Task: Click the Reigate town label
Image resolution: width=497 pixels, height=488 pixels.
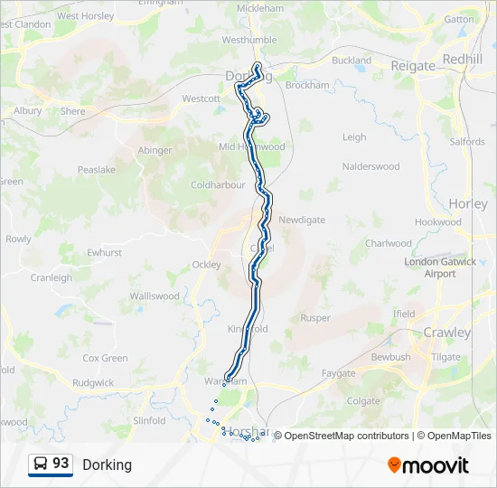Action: pyautogui.click(x=413, y=65)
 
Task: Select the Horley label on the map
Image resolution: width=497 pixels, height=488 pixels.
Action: pyautogui.click(x=467, y=204)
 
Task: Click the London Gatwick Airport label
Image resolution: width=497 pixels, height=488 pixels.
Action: pyautogui.click(x=440, y=267)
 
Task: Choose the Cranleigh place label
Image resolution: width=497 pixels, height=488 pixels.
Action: pyautogui.click(x=51, y=277)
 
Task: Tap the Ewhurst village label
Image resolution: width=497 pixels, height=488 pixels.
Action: pyautogui.click(x=104, y=253)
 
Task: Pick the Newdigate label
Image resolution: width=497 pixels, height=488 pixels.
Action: pyautogui.click(x=302, y=220)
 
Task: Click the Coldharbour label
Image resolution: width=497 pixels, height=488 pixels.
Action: pyautogui.click(x=218, y=184)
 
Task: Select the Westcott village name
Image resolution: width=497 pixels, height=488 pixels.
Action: pyautogui.click(x=201, y=99)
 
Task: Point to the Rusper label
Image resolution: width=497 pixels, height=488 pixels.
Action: pyautogui.click(x=315, y=318)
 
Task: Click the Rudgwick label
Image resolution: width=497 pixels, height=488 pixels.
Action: pyautogui.click(x=92, y=382)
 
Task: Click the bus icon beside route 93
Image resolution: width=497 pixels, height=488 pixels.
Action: pyautogui.click(x=41, y=465)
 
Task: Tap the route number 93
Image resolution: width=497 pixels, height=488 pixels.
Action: pyautogui.click(x=61, y=464)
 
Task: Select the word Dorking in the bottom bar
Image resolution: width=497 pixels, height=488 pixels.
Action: pyautogui.click(x=107, y=465)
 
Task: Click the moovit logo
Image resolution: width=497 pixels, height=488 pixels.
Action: pyautogui.click(x=428, y=465)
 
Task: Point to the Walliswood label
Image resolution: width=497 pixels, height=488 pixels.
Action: pyautogui.click(x=155, y=296)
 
